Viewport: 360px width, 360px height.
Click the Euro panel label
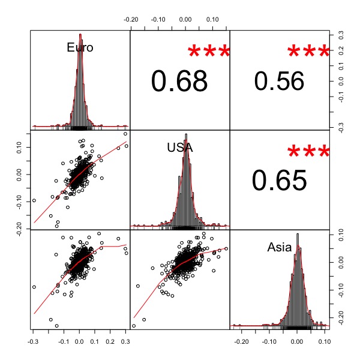pos(80,47)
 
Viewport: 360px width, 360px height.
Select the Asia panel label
pos(280,247)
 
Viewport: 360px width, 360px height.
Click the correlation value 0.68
pos(179,82)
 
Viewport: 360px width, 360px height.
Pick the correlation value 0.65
pos(279,180)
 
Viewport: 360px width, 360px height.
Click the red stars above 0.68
pos(209,53)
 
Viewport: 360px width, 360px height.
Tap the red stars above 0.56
pos(309,53)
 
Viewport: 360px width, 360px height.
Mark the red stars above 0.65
pos(309,152)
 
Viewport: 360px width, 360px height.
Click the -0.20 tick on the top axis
pos(131,19)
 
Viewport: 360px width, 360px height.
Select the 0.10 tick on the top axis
pos(213,19)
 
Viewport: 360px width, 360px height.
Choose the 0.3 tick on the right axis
pos(340,34)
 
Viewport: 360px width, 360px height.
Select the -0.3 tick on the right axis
pos(340,126)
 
